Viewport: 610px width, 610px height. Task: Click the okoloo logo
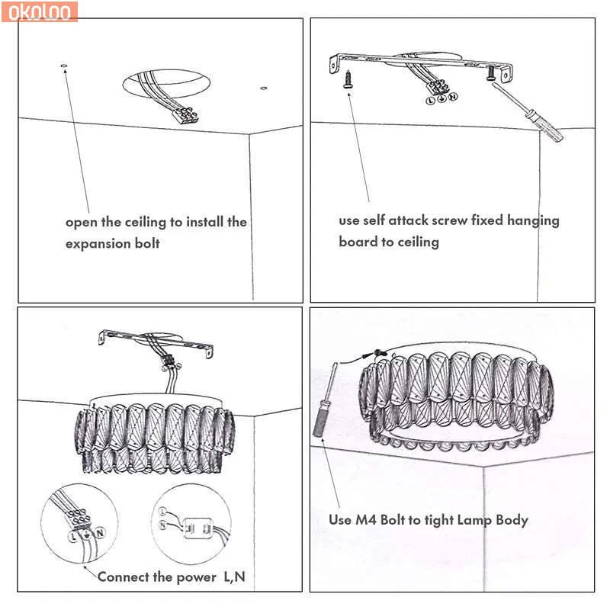pyautogui.click(x=40, y=11)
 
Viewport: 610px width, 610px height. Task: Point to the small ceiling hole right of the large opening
pyautogui.click(x=263, y=88)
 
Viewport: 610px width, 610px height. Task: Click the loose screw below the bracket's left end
pyautogui.click(x=348, y=79)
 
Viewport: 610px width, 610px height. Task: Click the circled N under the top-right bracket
pyautogui.click(x=453, y=97)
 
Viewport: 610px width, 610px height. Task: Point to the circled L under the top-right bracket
pyautogui.click(x=430, y=101)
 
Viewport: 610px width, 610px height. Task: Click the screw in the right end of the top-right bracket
pyautogui.click(x=491, y=73)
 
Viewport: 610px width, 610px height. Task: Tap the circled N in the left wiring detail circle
pyautogui.click(x=100, y=532)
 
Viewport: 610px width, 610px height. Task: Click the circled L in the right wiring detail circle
pyautogui.click(x=162, y=511)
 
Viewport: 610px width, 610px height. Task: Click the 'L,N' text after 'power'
pyautogui.click(x=234, y=576)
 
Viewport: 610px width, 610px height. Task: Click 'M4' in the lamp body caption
pyautogui.click(x=366, y=520)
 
